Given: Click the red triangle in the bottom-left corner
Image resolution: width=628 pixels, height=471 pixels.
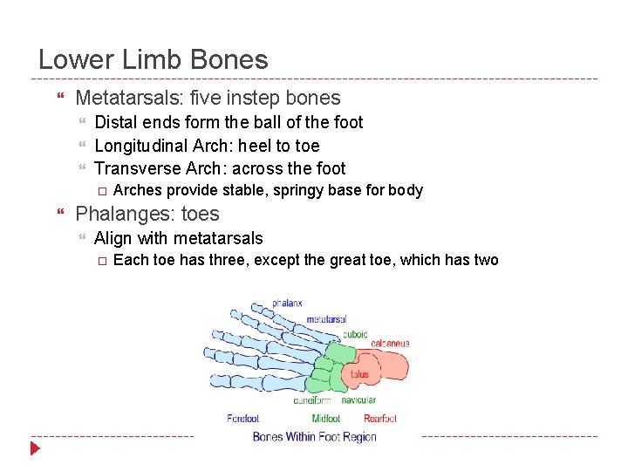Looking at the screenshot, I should [x=35, y=449].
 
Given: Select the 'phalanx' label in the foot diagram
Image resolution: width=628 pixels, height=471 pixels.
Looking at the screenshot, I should [x=287, y=304].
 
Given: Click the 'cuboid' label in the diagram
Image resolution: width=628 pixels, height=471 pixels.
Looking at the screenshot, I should [x=355, y=334].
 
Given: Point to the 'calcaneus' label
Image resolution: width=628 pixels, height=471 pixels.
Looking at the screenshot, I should [x=390, y=344].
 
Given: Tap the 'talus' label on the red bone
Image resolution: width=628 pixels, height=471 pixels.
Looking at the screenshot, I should [x=360, y=374].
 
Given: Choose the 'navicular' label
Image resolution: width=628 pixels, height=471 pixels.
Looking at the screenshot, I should [x=358, y=400].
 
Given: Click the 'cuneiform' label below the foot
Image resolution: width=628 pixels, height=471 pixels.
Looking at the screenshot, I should [x=312, y=400].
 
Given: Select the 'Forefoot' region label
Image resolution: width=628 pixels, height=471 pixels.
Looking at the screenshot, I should [x=242, y=419].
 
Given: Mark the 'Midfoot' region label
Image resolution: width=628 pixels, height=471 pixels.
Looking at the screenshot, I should [x=326, y=419].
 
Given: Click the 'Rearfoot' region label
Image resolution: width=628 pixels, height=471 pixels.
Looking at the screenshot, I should [x=380, y=419].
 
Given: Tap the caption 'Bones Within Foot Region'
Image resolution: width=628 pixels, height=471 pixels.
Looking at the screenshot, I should [x=314, y=437].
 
